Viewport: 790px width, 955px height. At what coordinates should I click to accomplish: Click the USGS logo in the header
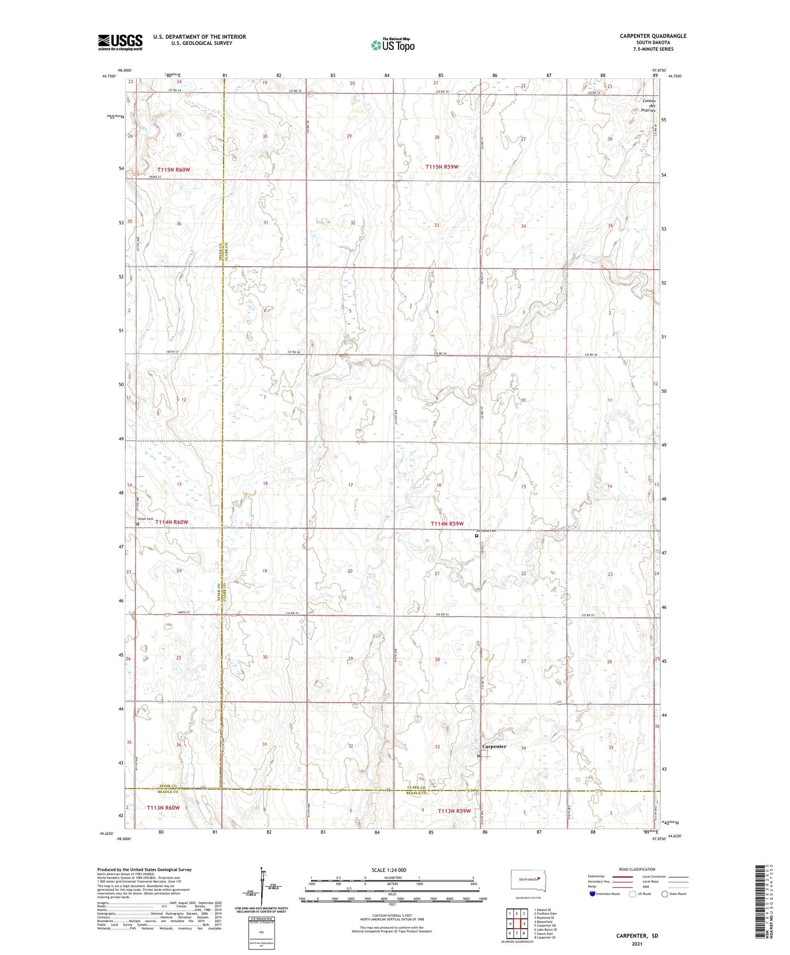tap(120, 42)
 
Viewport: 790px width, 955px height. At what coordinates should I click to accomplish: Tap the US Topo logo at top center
tap(392, 45)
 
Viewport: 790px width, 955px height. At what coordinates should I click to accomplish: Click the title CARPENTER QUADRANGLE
tap(653, 36)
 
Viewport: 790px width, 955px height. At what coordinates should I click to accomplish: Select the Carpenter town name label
tap(494, 746)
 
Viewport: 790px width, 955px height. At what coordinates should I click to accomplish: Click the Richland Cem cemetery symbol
tap(477, 536)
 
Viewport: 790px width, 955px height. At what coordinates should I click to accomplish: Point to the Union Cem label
tap(145, 519)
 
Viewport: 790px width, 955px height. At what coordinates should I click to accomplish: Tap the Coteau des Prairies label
tap(648, 106)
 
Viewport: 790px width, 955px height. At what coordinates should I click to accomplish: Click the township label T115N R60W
tap(173, 170)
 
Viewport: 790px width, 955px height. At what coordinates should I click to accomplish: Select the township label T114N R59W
tap(447, 523)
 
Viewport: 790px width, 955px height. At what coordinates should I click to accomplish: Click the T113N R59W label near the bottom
tap(454, 811)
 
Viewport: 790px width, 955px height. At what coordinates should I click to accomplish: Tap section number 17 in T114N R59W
tap(350, 485)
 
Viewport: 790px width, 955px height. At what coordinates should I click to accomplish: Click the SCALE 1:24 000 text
tap(389, 870)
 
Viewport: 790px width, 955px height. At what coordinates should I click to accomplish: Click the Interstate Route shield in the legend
tap(593, 894)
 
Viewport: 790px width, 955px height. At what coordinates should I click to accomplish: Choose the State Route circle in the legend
tap(665, 894)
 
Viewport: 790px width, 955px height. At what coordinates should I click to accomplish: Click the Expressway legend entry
tap(596, 876)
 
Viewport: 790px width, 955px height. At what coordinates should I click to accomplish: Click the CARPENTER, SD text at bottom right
tap(637, 936)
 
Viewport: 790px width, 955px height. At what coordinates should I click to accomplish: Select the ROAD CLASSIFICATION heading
tap(637, 869)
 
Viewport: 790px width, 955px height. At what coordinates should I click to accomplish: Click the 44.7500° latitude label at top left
tap(108, 77)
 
